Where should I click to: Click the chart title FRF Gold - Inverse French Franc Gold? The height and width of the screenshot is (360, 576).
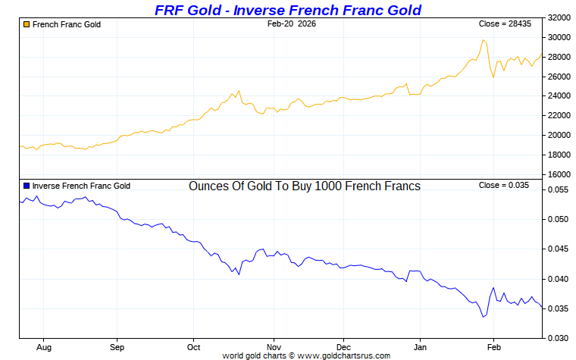287,10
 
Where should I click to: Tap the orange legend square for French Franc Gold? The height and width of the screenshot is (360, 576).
27,24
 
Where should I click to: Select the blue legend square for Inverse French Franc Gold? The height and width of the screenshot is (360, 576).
27,186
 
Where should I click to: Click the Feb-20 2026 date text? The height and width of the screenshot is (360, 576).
292,24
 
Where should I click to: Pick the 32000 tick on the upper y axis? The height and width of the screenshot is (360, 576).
559,17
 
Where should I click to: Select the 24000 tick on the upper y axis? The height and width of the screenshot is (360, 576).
559,95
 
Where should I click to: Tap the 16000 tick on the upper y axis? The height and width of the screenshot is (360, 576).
559,174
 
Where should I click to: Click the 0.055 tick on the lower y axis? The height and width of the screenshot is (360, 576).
559,190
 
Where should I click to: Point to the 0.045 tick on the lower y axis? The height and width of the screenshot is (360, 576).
559,249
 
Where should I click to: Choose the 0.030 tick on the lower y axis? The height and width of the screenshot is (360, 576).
559,338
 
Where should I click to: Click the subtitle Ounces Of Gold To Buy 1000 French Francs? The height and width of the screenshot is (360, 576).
304,186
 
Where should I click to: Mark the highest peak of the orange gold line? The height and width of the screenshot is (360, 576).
483,40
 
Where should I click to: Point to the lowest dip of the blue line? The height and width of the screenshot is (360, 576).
483,317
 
